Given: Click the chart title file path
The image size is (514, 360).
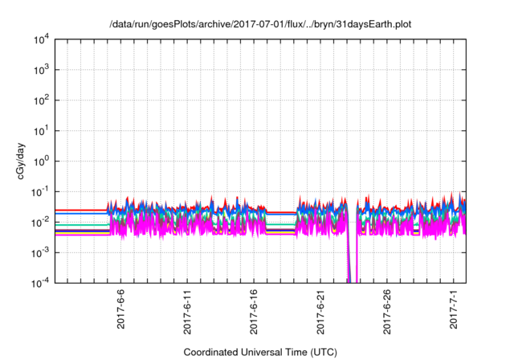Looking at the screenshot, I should coord(262,24).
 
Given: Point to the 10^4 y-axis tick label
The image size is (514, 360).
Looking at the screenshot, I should coord(41,39).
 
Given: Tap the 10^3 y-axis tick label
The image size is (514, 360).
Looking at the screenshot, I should coord(41,70).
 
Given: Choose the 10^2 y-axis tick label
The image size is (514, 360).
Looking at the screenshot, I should coord(41,100).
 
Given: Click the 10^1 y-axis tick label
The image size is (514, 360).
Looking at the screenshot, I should coord(41,130).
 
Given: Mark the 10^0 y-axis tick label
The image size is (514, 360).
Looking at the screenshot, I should coord(41,161).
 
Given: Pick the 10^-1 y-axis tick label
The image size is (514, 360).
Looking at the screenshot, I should coord(41,191).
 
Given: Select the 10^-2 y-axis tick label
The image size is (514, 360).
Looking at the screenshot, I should coord(41,222).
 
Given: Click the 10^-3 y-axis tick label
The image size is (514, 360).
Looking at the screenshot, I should coord(41,252).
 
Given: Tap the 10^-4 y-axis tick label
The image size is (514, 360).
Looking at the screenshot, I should coord(41,282).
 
